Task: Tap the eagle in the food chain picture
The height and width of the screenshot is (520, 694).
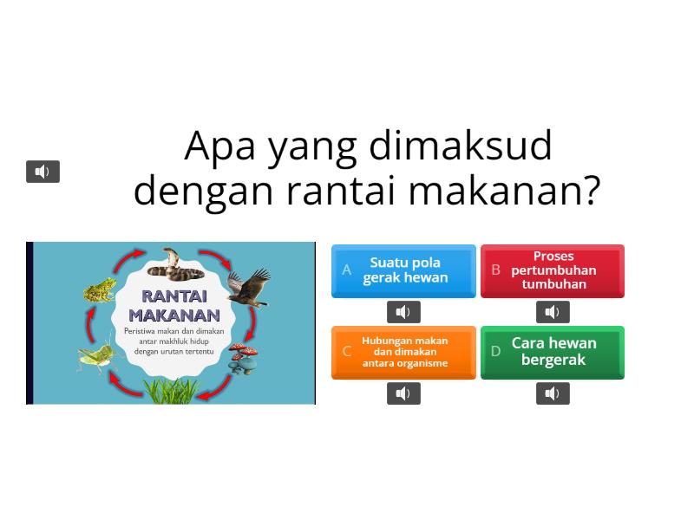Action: [x=248, y=287]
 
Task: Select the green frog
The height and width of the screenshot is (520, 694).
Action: [x=99, y=289]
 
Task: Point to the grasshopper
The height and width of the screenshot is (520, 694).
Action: [x=95, y=355]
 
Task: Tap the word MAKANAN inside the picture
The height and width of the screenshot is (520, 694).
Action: [x=173, y=315]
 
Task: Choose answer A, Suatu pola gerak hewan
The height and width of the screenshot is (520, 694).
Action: [x=403, y=270]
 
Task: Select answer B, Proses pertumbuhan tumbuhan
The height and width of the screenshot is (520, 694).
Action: [x=553, y=270]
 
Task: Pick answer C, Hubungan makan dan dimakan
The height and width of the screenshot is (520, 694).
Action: [x=403, y=352]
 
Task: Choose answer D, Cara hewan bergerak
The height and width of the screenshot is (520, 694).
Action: [x=553, y=352]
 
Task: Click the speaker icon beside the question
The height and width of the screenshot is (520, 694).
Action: [x=43, y=172]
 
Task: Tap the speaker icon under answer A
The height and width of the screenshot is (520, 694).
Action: [x=403, y=312]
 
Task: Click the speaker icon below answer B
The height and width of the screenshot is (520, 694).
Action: [x=553, y=312]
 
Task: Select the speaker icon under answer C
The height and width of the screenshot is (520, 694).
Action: [x=403, y=393]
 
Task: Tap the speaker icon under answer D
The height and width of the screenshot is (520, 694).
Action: [x=553, y=393]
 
